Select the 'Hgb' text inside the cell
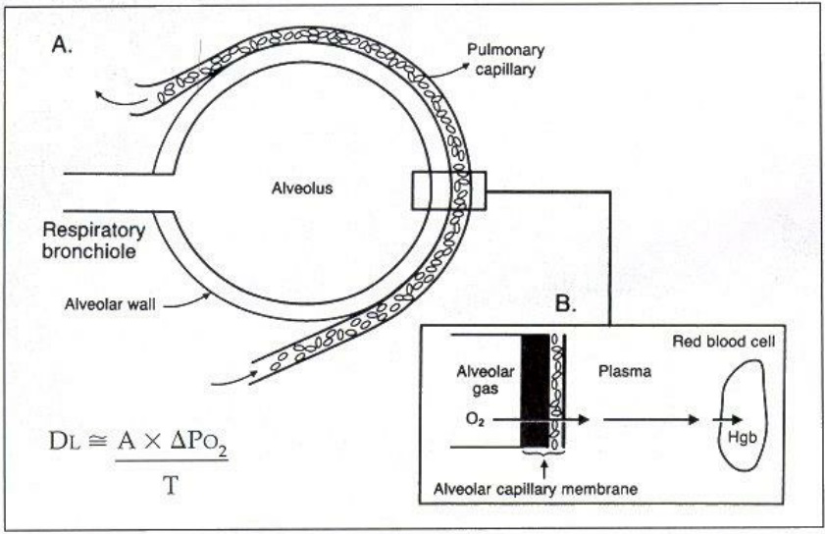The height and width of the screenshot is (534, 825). [741, 433]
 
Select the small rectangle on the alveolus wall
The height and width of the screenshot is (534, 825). [448, 188]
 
